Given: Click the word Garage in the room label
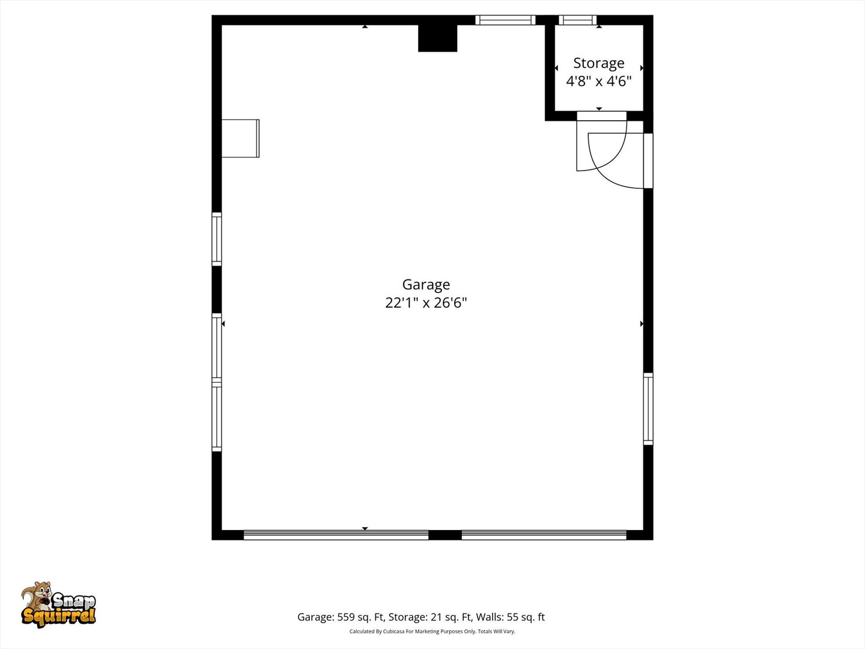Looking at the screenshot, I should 426,284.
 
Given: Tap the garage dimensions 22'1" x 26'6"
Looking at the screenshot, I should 426,302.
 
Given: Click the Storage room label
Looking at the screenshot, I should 598,63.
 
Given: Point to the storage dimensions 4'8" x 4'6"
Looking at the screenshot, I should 598,81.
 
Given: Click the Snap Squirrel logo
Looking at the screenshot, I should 58,605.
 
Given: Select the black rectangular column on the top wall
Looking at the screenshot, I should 437,38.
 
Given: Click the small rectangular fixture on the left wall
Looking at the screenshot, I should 240,138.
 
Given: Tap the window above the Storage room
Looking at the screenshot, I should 577,20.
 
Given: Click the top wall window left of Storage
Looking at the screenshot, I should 505,20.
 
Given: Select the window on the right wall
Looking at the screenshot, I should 648,409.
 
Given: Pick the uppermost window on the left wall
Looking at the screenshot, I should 217,239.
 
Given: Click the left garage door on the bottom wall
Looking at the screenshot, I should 336,535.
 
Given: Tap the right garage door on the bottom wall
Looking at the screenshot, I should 544,535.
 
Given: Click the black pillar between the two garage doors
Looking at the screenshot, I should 445,535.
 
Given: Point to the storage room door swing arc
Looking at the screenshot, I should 601,150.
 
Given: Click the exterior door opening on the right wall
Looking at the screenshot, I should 648,160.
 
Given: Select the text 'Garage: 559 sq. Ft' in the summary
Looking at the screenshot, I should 341,617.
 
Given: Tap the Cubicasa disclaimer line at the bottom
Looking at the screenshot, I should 432,632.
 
